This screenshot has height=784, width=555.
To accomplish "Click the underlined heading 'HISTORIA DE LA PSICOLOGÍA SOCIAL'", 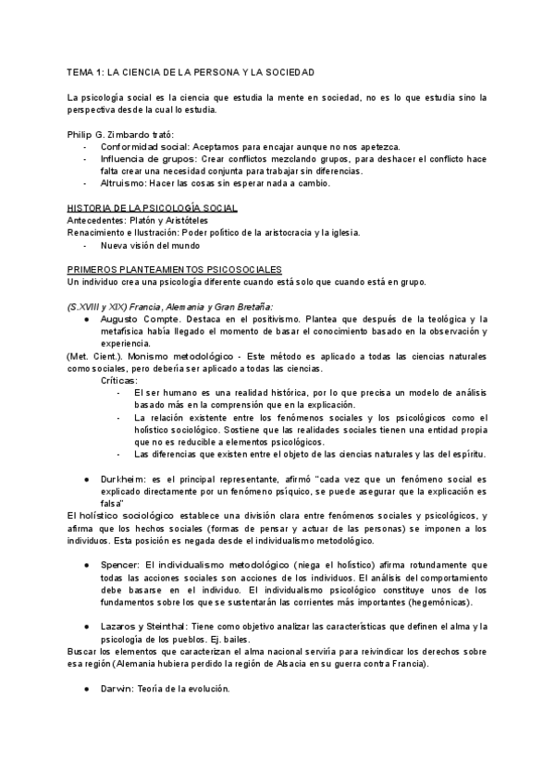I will point(153,208).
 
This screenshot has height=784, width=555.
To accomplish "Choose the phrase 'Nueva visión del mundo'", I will point(152,245).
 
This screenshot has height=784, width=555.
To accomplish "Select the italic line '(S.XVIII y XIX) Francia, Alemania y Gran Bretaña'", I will point(171,306).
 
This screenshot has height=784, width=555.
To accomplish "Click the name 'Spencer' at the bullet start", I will point(120,563).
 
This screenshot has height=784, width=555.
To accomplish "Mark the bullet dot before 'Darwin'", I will point(86,689).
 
